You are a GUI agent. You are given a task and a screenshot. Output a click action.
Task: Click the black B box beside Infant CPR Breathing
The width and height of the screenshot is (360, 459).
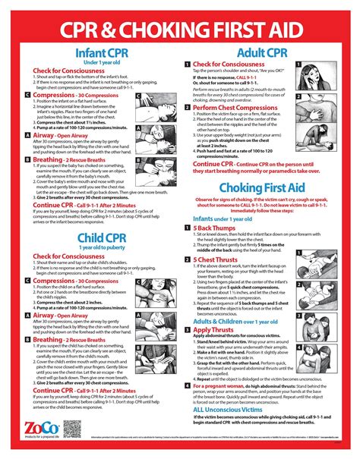click(x=27, y=161)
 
